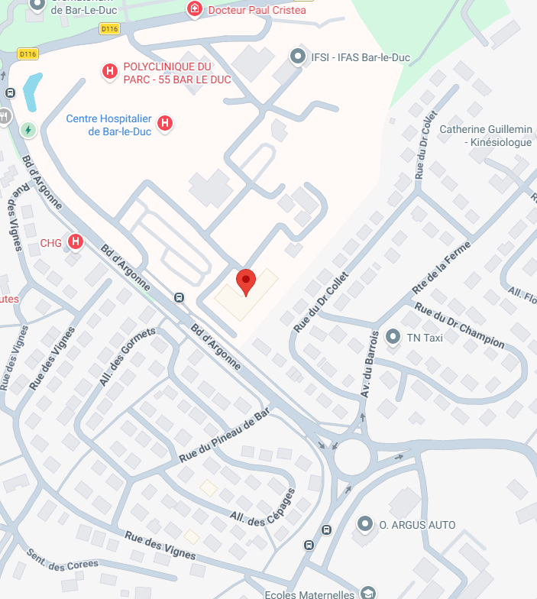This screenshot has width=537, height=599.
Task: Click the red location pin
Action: coord(245,281)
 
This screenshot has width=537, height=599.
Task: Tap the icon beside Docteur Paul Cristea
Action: coord(196,9)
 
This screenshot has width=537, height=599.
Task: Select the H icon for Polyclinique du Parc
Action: coord(110,72)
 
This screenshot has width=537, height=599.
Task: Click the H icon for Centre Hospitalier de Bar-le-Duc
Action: coord(163,124)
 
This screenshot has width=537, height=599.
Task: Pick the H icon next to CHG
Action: coord(75,242)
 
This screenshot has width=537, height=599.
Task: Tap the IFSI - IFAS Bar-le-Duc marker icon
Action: coord(297,56)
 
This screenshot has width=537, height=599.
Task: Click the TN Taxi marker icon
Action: coord(393,336)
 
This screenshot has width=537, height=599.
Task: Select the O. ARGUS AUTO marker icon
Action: coord(366,525)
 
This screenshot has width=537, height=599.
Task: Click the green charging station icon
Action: coord(28,130)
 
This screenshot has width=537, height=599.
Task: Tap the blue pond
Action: coord(31,92)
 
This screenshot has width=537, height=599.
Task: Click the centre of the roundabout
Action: coord(353,457)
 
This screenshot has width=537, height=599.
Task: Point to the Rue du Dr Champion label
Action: coord(459,325)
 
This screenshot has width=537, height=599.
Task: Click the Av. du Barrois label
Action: coord(370,363)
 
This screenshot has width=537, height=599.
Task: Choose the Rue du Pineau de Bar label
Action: coord(225,435)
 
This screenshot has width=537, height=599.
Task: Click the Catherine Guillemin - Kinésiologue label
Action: coord(486,136)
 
